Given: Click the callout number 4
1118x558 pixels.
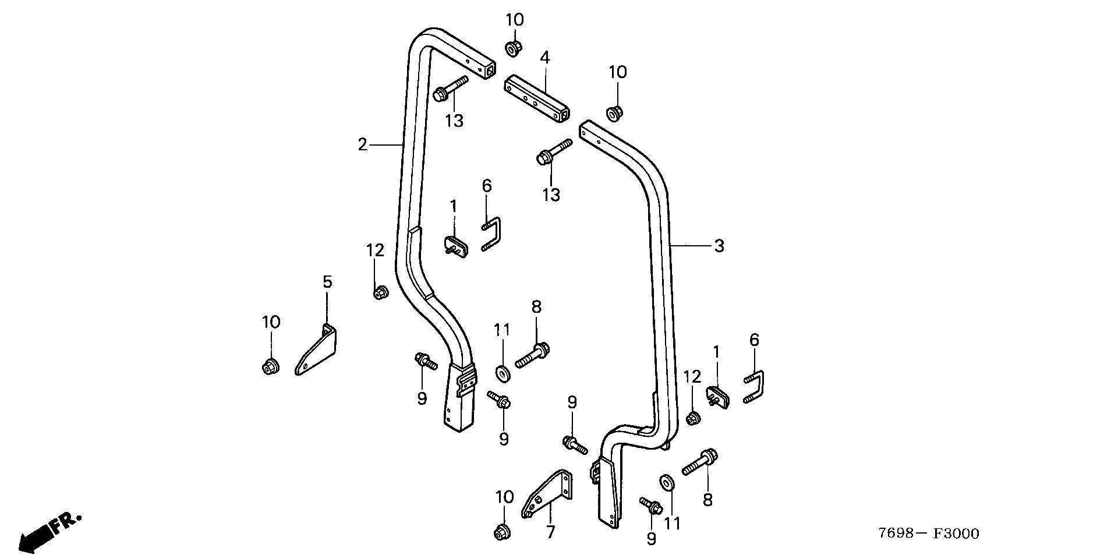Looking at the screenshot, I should click(x=544, y=58).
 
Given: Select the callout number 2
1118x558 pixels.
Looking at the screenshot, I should click(x=363, y=144).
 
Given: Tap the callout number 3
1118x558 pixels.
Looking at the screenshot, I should click(x=719, y=246).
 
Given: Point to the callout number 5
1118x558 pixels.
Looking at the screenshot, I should click(x=327, y=282).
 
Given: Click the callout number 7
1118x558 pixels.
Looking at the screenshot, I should click(x=550, y=532).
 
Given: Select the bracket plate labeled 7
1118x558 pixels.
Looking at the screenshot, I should click(x=547, y=495).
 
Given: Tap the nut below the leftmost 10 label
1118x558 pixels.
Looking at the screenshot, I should click(x=269, y=367).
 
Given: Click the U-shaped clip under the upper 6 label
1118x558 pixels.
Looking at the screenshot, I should click(x=493, y=233).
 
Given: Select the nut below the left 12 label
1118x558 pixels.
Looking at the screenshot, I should click(x=380, y=292).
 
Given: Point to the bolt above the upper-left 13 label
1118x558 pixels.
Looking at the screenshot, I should click(x=451, y=88).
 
